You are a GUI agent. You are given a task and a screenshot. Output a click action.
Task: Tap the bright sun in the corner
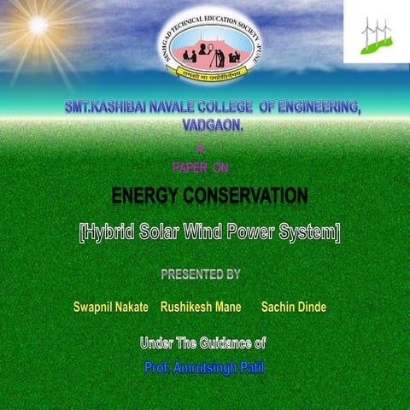coord(38,25)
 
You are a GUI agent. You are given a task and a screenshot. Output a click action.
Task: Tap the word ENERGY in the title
coord(150,198)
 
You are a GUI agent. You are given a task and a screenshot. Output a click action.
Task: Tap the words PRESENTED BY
coord(201,274)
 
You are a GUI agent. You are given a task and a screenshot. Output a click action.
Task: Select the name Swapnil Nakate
coord(111,307)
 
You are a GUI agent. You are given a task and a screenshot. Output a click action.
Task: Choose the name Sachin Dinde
coord(293,307)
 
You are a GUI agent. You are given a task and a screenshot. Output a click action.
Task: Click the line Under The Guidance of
coord(202,343)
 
